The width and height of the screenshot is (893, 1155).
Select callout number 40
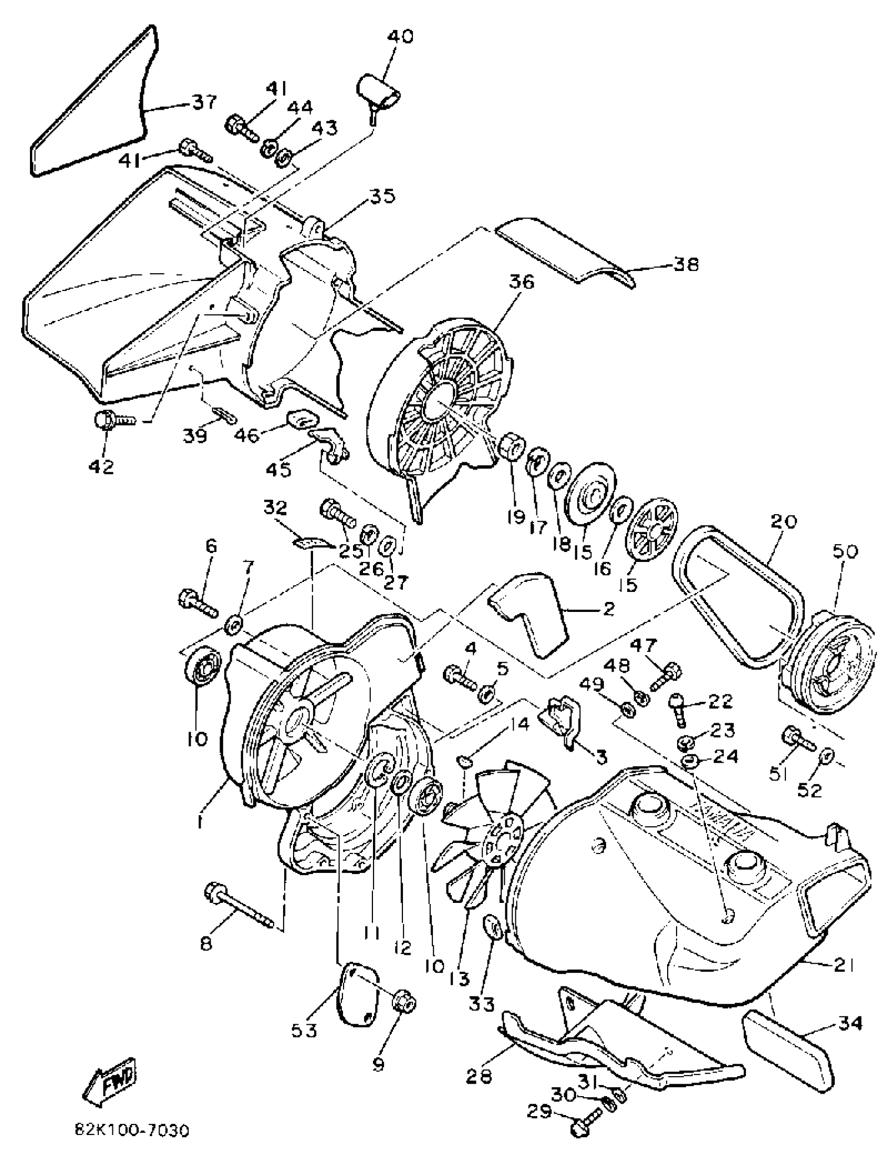[x=400, y=37]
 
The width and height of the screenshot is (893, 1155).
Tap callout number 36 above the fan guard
[x=522, y=282]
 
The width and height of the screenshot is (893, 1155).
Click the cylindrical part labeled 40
[x=377, y=92]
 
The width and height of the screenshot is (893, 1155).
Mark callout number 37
[x=204, y=101]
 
